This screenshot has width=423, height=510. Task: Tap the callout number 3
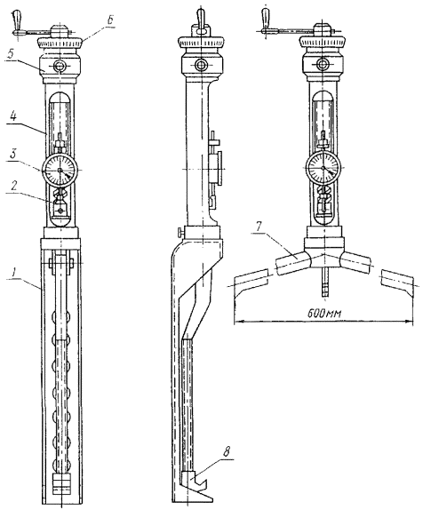coord(12,155)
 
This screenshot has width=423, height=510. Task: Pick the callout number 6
coord(110,20)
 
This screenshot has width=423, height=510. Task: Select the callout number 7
coord(259,227)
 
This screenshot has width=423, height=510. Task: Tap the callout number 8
coord(227,451)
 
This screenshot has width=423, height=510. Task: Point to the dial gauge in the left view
coord(60,171)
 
